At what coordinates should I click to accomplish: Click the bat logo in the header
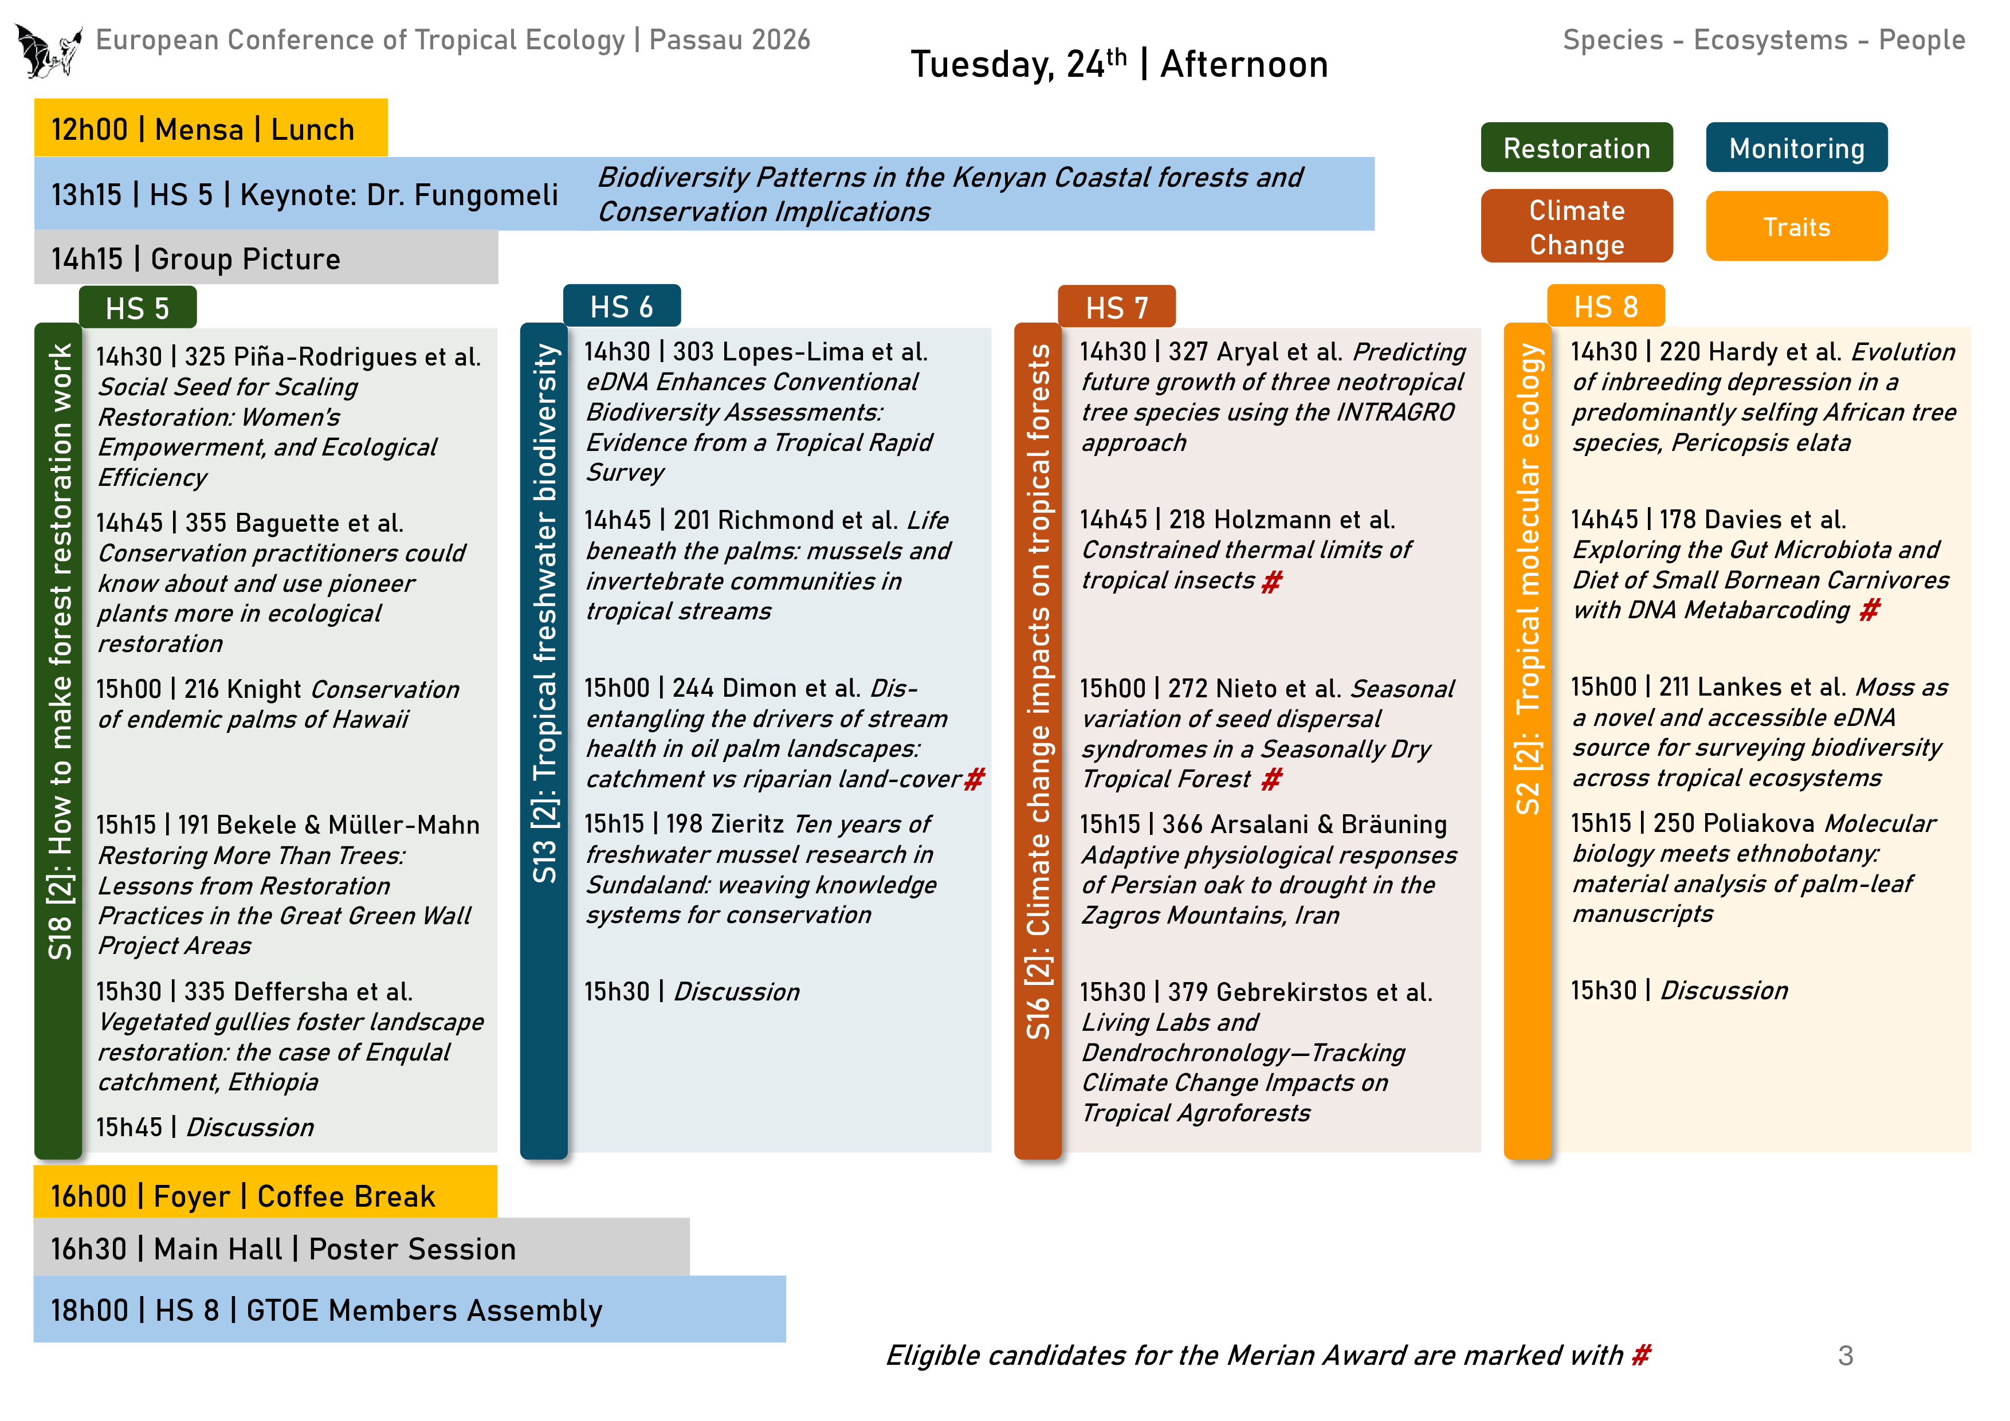tap(48, 51)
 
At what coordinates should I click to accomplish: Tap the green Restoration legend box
tap(1576, 148)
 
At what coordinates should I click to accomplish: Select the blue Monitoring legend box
tap(1796, 148)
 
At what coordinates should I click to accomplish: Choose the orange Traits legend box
tap(1796, 227)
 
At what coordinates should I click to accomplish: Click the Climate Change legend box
tap(1576, 227)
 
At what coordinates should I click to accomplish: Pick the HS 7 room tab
tap(1116, 307)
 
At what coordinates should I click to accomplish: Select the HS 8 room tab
tap(1605, 307)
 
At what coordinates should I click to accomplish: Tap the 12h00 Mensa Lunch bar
tap(210, 129)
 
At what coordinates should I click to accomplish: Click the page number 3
tap(1844, 1355)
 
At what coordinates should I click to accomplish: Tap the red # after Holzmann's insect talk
tap(1271, 582)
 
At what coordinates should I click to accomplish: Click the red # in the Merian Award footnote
tap(1640, 1355)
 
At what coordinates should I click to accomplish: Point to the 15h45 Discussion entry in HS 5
tap(205, 1127)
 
